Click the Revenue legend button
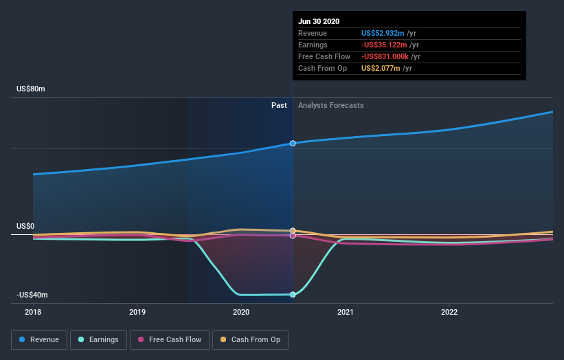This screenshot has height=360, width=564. tap(40, 339)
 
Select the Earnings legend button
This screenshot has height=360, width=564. tap(99, 339)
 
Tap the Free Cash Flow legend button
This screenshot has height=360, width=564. tap(169, 339)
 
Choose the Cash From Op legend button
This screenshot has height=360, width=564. tap(250, 339)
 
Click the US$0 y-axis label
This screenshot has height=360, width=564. tap(25, 226)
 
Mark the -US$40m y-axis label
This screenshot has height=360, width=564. tap(32, 295)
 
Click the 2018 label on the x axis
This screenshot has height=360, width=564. tap(33, 312)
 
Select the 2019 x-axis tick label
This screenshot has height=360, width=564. tap(137, 312)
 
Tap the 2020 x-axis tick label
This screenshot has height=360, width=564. tap(241, 312)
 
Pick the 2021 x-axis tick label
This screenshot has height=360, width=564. tap(346, 312)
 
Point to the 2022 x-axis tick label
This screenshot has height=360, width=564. tap(449, 312)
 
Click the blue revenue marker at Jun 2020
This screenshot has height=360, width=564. tap(293, 143)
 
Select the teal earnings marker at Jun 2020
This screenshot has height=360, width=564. tap(293, 295)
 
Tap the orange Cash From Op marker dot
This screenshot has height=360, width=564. tap(293, 231)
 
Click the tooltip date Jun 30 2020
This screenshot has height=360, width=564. tap(319, 21)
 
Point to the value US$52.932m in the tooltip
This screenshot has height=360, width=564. tap(385, 33)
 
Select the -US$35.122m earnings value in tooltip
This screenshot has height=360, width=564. tap(387, 45)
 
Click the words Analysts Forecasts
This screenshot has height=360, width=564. tap(330, 105)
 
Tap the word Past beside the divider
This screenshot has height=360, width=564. tap(279, 105)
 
